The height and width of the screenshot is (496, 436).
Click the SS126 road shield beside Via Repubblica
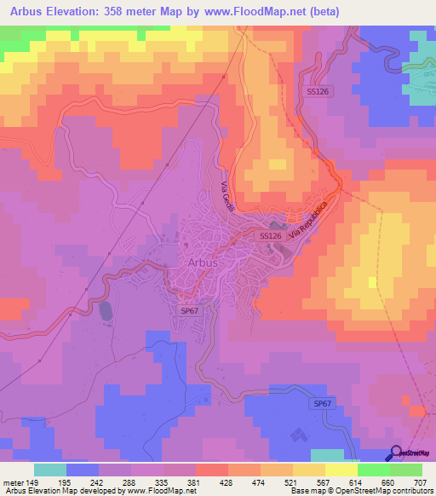click(x=270, y=235)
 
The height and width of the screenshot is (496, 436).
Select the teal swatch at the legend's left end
click(x=49, y=470)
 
